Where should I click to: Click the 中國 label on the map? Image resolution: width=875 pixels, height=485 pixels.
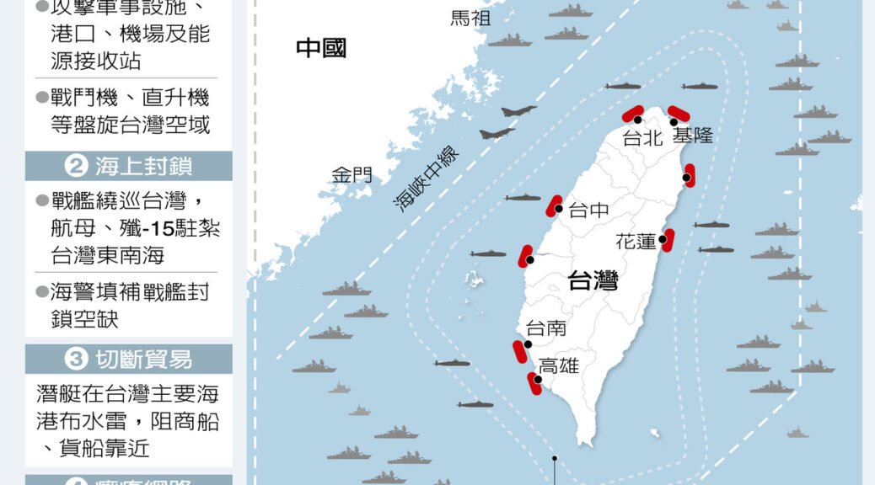point(321,48)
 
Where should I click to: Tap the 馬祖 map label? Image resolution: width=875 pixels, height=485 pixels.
point(470,18)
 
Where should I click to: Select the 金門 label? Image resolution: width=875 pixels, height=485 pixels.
point(352,175)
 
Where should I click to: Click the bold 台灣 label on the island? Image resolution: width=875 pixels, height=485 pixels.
point(593,280)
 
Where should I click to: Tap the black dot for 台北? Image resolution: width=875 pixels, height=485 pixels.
point(638,120)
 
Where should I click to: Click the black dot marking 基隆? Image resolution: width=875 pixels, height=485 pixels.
point(674,122)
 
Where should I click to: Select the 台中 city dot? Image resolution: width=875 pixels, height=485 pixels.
point(559,209)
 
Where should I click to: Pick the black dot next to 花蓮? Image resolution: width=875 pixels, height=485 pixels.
point(663,239)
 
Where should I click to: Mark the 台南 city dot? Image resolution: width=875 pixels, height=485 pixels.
point(528,344)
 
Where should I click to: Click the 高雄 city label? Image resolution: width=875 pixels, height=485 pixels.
point(559,365)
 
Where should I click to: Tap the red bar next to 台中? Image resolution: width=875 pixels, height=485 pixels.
point(554,205)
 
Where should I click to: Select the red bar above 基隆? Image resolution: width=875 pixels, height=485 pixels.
point(679,113)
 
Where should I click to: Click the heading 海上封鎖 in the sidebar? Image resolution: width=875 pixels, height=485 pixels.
point(143,167)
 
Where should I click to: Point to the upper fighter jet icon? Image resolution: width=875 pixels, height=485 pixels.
point(518,110)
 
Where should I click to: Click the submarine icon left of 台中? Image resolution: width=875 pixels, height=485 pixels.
point(523,198)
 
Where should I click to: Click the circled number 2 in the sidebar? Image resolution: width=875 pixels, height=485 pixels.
point(76,167)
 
